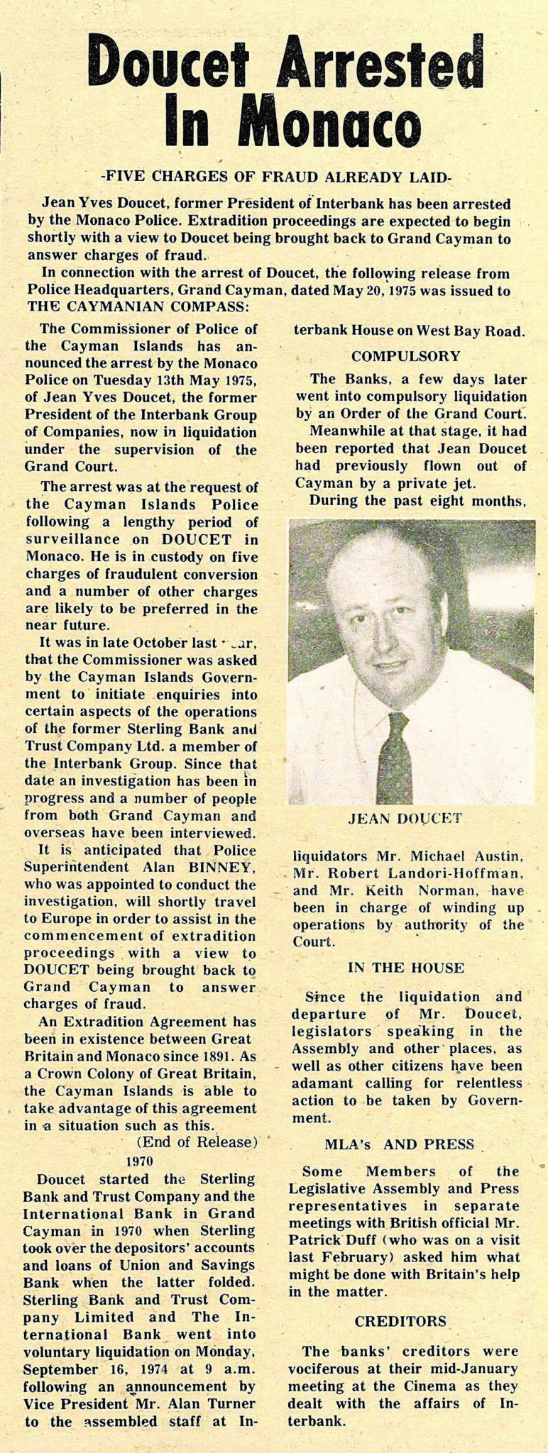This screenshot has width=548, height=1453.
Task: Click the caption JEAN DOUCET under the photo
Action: pyautogui.click(x=405, y=818)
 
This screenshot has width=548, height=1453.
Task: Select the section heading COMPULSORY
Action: pyautogui.click(x=405, y=355)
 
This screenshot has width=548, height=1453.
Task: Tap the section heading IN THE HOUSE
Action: pyautogui.click(x=406, y=968)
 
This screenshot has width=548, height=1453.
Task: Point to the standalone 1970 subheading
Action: pyautogui.click(x=140, y=1161)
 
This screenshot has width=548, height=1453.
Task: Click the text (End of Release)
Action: pyautogui.click(x=196, y=1142)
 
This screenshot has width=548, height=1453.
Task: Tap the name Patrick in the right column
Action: pyautogui.click(x=318, y=1240)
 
